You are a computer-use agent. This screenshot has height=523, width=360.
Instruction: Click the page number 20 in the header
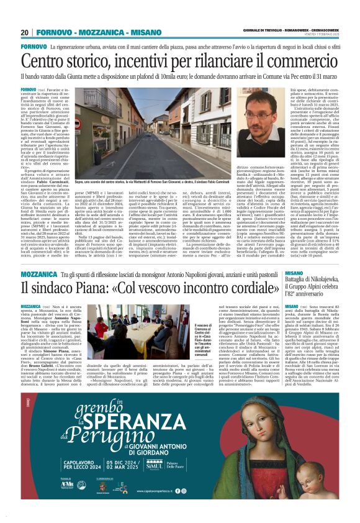[x=24, y=32]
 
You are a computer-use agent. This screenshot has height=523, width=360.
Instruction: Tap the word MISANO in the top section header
[x=132, y=32]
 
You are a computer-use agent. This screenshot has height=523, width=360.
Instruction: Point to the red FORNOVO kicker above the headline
[x=33, y=47]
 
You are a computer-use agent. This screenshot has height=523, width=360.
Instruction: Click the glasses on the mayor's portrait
[x=257, y=116]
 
